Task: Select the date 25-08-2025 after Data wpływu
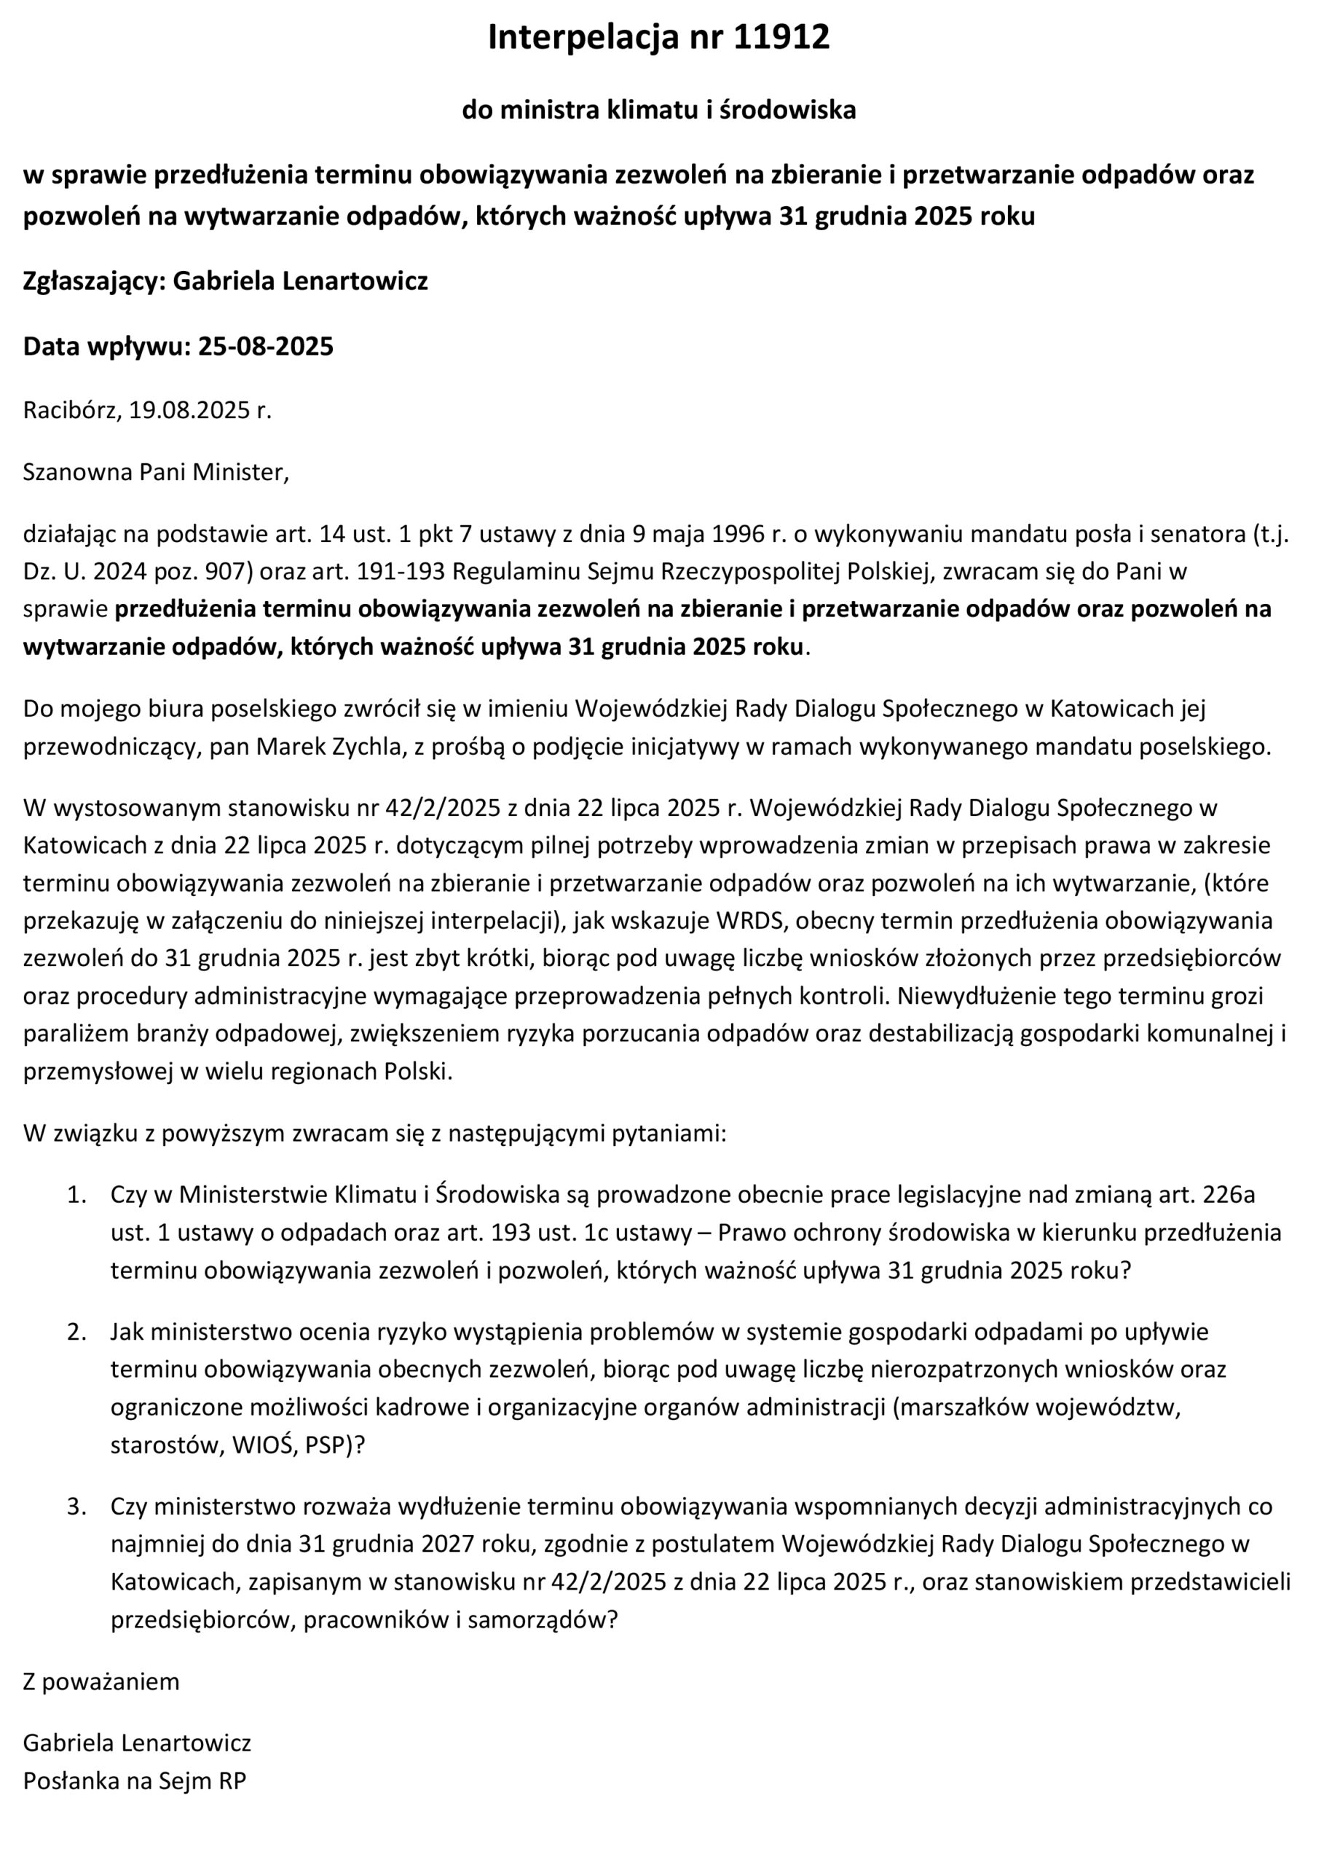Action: point(266,346)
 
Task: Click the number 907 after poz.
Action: point(233,572)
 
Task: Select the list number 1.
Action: point(76,1195)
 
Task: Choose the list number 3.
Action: point(76,1507)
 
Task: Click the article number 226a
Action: point(1228,1195)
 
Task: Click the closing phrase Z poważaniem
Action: point(101,1681)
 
